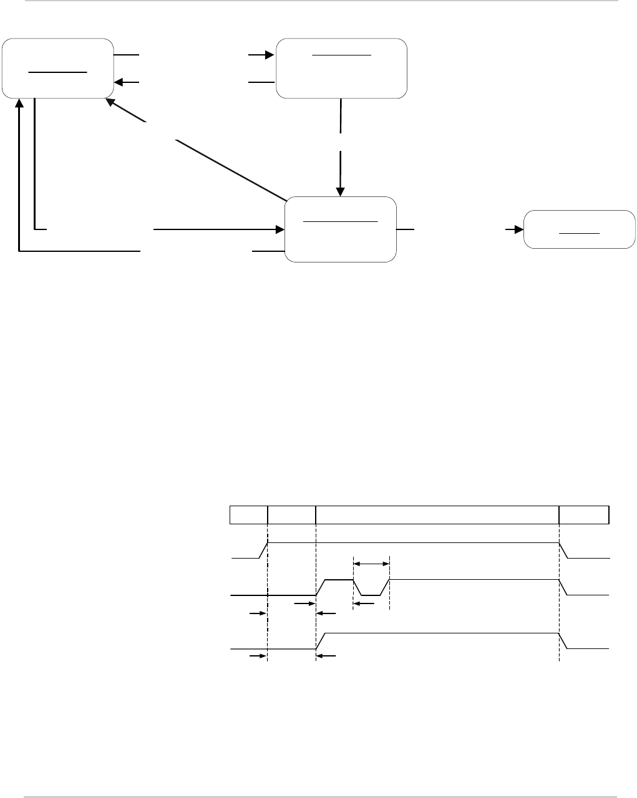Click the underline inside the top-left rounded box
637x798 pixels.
pos(57,72)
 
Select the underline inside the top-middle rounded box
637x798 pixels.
pos(341,55)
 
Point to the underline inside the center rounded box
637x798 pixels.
pos(340,221)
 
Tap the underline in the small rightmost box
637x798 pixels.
pos(579,233)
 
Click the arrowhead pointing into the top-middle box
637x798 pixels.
pos(270,55)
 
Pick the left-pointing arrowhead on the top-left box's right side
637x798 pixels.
pos(119,82)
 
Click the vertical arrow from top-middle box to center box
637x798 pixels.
pos(341,150)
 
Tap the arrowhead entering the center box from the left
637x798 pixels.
pos(280,229)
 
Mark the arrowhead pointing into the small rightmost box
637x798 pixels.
pos(518,229)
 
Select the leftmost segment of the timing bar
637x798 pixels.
pos(248,515)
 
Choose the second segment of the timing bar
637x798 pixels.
pos(291,515)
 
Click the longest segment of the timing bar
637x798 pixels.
pos(437,515)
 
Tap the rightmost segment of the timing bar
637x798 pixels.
pos(584,515)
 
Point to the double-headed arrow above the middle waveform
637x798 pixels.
pos(371,564)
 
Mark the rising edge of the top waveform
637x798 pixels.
pos(263,550)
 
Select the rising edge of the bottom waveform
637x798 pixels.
pos(321,641)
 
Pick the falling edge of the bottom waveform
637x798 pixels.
pos(563,641)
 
